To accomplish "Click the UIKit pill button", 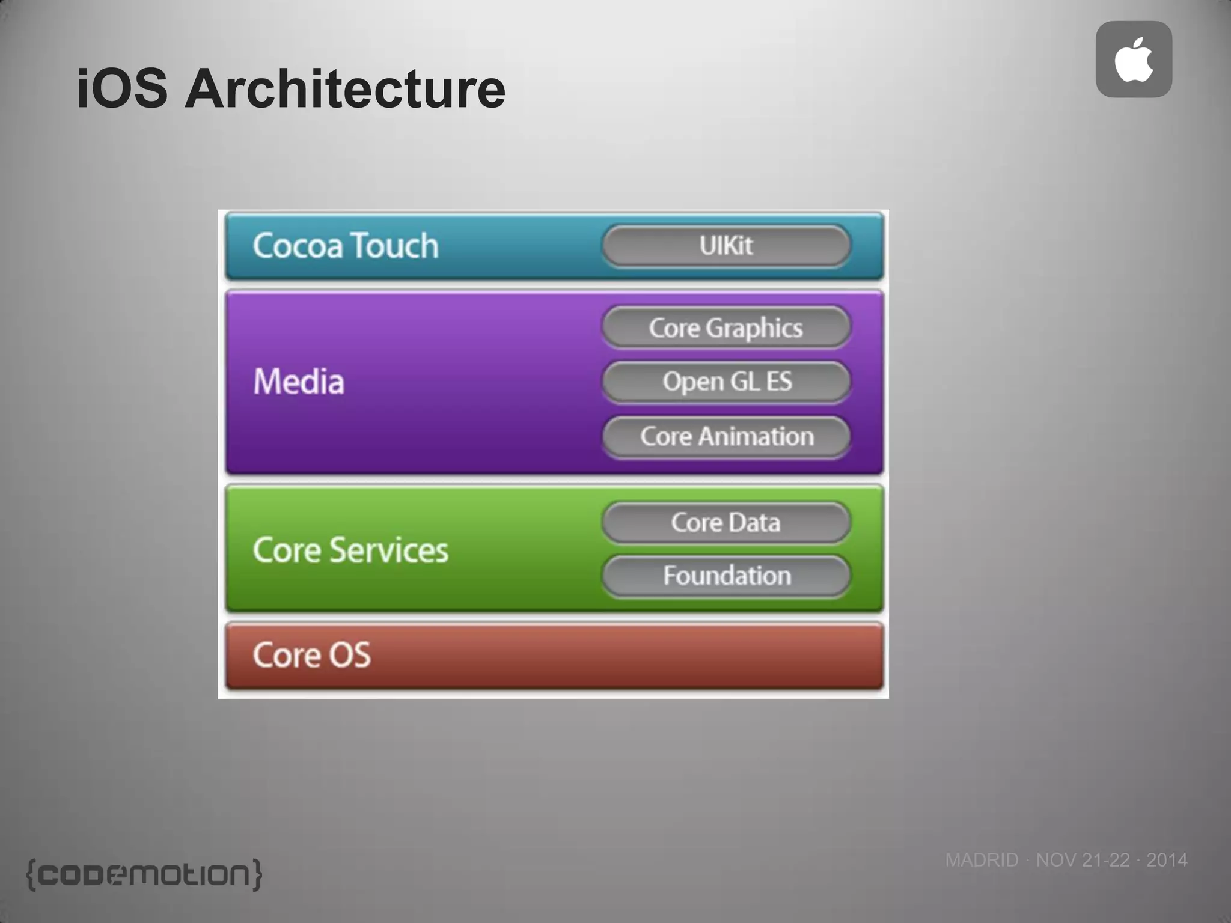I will coord(726,245).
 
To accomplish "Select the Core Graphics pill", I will coord(726,327).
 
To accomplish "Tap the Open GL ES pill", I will coord(726,382).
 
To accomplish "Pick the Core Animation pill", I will coord(726,437).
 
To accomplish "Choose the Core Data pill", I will coord(726,522).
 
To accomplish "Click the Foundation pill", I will coord(726,576).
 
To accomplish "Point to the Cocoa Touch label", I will coord(346,246).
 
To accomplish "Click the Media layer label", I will coord(299,382).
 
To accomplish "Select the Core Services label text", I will coord(350,550).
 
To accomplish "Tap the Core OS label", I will coord(311,655).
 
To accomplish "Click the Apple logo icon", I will coord(1134,59).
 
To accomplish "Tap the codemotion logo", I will coord(144,874).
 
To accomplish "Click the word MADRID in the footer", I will coord(982,860).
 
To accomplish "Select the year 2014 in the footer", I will coord(1167,860).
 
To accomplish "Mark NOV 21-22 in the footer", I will coord(1083,860).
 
